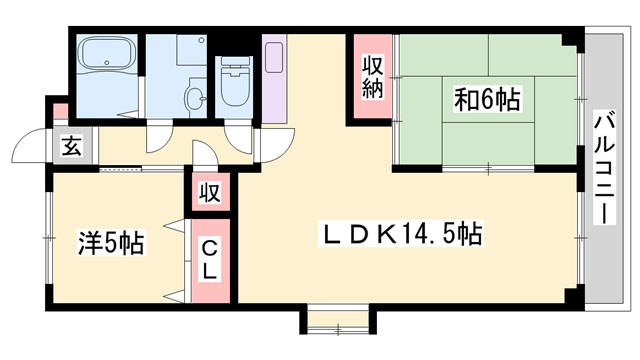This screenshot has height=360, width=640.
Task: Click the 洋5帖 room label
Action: (x=111, y=242)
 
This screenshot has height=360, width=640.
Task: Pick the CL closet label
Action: (x=212, y=258)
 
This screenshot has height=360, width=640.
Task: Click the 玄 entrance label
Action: (x=74, y=148)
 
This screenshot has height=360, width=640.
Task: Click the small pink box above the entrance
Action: (x=61, y=111)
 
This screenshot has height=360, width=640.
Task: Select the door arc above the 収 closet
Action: (x=205, y=160)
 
